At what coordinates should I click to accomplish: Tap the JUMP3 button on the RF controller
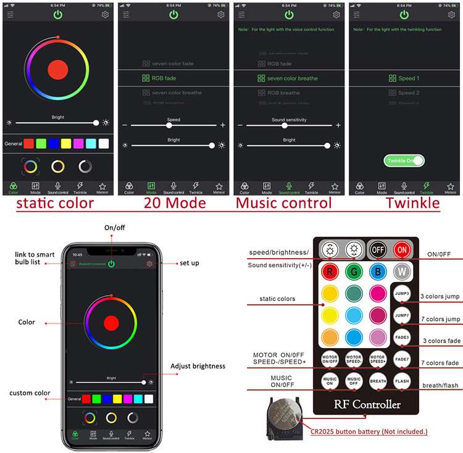point(403,294)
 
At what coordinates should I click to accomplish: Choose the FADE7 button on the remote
point(403,359)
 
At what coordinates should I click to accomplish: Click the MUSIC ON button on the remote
point(330,381)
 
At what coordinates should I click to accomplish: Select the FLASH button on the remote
point(403,381)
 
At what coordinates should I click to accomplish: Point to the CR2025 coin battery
point(285,415)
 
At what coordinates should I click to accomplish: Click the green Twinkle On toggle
point(404,160)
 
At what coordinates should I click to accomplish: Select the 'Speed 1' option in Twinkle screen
point(404,78)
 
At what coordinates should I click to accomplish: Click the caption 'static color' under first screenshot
point(55,203)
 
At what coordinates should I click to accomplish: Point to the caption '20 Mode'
point(173,203)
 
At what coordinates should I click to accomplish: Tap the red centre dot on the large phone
point(112,322)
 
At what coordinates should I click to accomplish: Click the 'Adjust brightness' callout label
point(198,366)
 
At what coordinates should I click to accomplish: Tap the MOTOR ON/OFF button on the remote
point(330,359)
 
